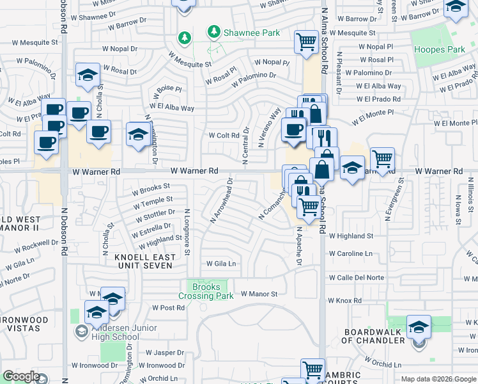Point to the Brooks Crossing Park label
coord(206,291)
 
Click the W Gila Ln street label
coord(220,264)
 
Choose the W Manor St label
coord(259,294)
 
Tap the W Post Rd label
coord(168,308)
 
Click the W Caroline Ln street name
coord(351,254)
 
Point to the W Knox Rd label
coord(345,300)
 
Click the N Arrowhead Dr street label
coord(220,201)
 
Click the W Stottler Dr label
coord(155,213)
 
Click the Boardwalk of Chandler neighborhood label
coord(374,336)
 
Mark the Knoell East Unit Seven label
coord(144,261)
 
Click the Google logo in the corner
coord(21,376)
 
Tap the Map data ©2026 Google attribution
coord(438,379)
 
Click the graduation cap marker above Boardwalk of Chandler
coord(419,328)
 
